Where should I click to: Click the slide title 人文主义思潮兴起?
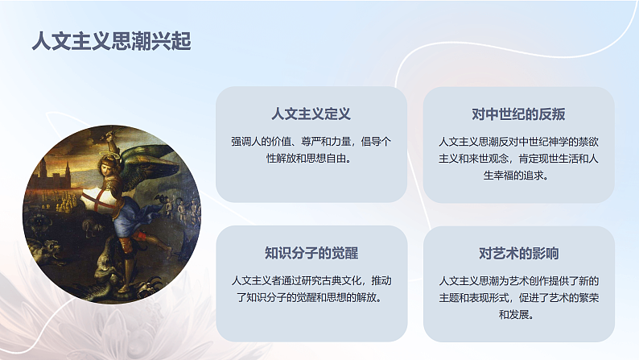(x=111, y=41)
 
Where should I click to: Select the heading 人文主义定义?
(x=311, y=114)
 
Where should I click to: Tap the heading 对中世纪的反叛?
(x=518, y=114)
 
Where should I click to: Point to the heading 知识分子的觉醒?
(x=311, y=253)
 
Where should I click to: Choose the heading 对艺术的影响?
(x=518, y=253)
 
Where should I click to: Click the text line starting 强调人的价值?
(x=311, y=141)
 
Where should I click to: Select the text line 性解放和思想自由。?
(x=311, y=158)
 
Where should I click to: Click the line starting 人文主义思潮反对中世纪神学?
(x=518, y=141)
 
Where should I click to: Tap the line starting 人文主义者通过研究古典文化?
(x=311, y=280)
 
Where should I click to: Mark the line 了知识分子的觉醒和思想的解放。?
(x=311, y=297)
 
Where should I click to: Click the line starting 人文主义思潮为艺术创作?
(x=518, y=280)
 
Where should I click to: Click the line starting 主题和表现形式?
(x=518, y=297)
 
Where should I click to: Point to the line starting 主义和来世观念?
(x=518, y=158)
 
